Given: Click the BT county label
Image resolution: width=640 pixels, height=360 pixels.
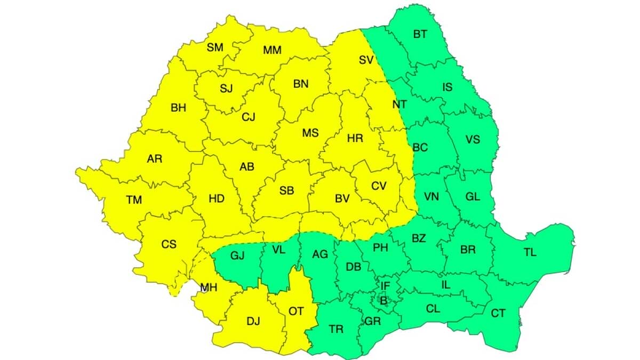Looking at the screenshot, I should [x=420, y=34].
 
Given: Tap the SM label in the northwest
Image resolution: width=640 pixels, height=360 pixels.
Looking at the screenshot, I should [x=215, y=47].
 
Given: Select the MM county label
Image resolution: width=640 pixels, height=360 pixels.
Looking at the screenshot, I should [x=272, y=51].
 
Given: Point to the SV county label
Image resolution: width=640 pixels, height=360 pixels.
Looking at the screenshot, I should [x=365, y=60].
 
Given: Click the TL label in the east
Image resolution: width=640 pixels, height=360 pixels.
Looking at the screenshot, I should [x=530, y=253].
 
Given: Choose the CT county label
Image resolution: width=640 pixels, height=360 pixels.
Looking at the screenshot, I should [x=498, y=313].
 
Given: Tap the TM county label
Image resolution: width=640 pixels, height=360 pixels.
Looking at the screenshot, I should [x=134, y=200].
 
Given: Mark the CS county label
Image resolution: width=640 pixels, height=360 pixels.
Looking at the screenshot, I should [x=169, y=244].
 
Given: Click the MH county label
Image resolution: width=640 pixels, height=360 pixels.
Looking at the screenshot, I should [x=208, y=288].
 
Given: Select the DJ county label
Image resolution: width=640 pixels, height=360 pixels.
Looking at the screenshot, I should [x=253, y=321].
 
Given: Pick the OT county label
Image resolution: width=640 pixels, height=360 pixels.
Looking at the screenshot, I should [x=296, y=311].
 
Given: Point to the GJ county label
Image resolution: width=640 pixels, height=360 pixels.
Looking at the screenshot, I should [x=237, y=255].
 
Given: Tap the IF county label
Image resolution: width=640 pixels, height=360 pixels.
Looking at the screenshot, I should [x=385, y=286].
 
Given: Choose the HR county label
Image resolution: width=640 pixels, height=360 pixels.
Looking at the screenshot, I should [x=355, y=138].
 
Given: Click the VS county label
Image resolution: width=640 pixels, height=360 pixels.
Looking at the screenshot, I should [x=473, y=140].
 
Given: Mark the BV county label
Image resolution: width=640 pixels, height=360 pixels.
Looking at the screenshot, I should [x=342, y=198].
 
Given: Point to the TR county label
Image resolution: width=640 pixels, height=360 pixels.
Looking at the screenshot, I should [x=336, y=329].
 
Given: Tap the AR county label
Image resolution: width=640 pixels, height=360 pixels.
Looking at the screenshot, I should [x=155, y=158].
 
